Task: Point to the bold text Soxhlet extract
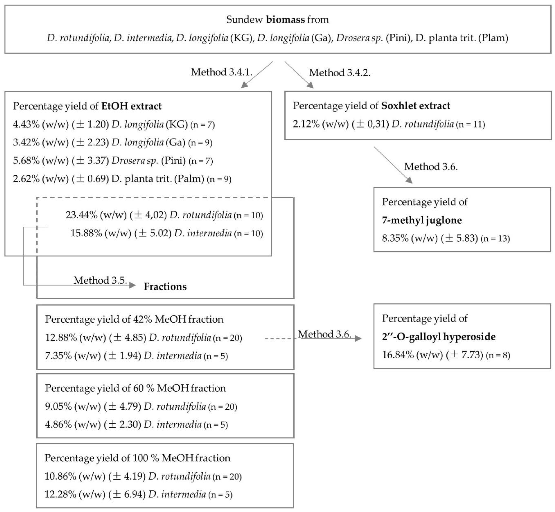pyautogui.click(x=415, y=106)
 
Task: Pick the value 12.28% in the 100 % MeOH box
pyautogui.click(x=60, y=494)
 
